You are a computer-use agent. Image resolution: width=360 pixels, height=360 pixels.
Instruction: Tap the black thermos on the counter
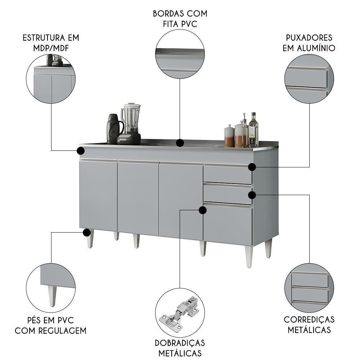point(114,130)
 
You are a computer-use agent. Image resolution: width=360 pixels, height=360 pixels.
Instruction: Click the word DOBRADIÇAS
point(180,342)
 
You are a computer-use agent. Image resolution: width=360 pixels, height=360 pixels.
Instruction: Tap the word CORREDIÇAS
point(309,319)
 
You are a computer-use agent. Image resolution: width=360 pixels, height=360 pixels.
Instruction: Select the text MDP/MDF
point(50,48)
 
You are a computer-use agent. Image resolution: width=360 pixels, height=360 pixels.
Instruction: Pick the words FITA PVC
point(180,24)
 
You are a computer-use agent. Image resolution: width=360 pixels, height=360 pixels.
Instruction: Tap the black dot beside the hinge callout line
point(203,210)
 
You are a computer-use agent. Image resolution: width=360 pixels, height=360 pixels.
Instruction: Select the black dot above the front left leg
point(86,233)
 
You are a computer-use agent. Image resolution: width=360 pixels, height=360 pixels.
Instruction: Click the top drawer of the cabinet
point(228,175)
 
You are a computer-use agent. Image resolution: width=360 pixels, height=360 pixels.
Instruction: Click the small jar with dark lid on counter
point(229,137)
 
